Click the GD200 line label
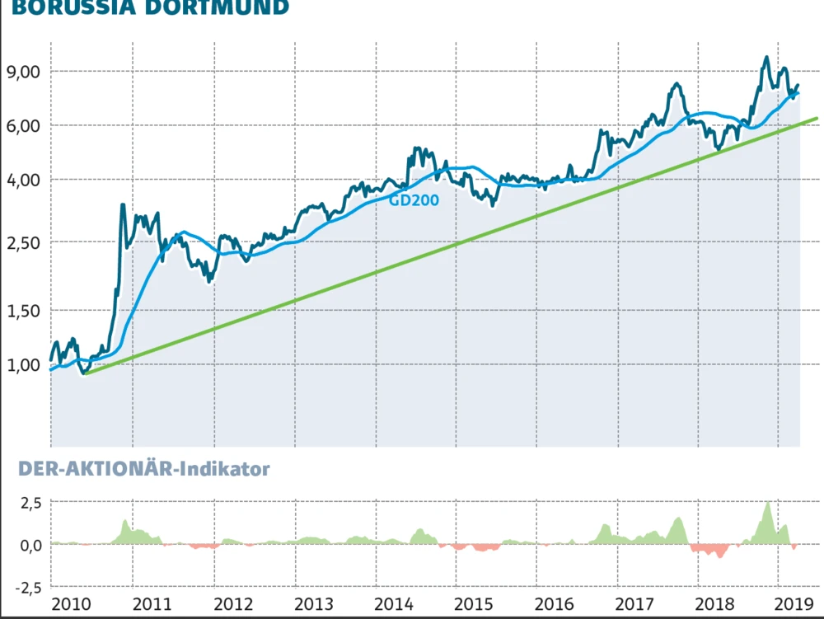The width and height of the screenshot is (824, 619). point(414,199)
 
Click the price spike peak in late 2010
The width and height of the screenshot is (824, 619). point(123,205)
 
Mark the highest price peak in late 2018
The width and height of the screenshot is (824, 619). point(766,57)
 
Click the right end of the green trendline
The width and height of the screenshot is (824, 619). point(817,119)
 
